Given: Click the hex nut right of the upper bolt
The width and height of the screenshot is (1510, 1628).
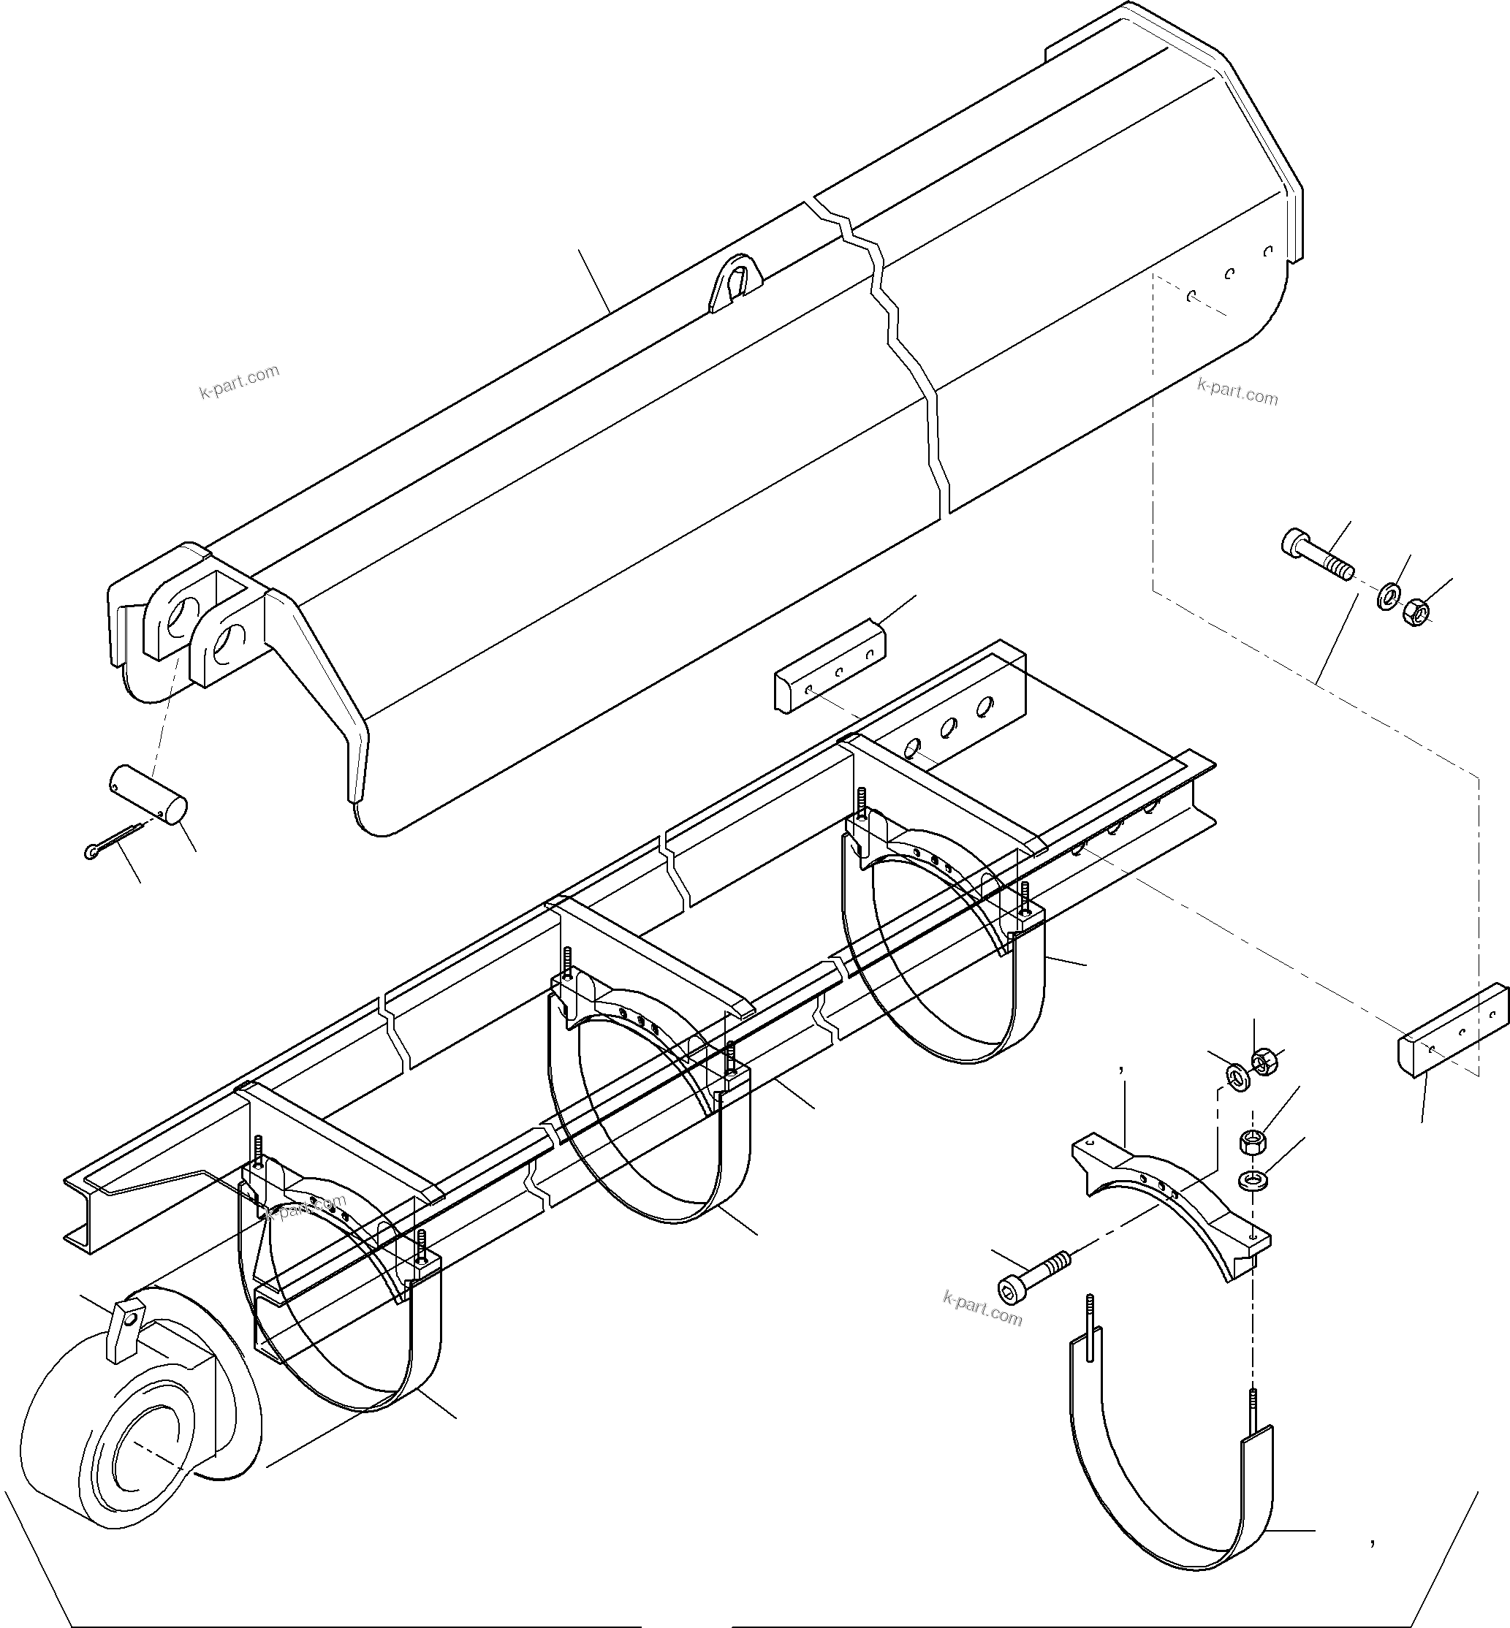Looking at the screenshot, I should [1415, 612].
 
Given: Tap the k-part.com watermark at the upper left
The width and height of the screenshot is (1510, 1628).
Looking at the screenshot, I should [240, 382].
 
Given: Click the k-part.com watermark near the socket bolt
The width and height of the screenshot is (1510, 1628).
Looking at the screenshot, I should [982, 1308].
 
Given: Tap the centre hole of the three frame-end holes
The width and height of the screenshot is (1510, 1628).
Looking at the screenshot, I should [949, 726].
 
